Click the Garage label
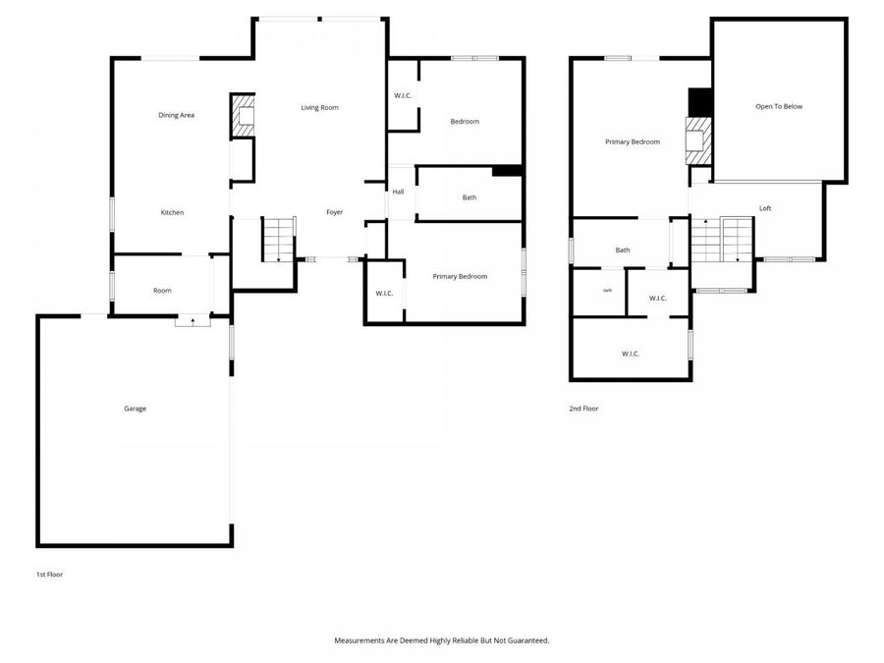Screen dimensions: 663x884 pos(135,409)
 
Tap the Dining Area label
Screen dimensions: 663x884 pos(177,116)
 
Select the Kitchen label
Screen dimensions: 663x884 pos(172,213)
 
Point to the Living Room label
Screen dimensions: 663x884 pos(319,107)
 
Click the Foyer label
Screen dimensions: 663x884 pos(334,213)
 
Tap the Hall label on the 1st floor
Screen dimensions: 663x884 pos(398,192)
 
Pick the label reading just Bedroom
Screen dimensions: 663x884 pos(465,122)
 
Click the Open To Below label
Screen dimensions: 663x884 pos(778,106)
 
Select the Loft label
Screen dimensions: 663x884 pos(765,208)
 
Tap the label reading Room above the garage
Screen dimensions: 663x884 pos(162,291)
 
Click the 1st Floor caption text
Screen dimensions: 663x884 pos(49,574)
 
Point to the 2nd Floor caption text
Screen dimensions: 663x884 pos(583,409)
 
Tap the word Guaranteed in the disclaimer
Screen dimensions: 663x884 pos(525,640)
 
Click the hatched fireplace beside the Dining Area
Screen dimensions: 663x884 pos(242,117)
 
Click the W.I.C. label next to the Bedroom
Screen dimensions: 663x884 pos(402,95)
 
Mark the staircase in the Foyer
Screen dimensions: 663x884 pos(278,240)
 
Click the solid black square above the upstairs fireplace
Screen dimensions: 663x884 pos(699,102)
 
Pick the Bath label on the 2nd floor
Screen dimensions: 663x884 pos(623,250)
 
